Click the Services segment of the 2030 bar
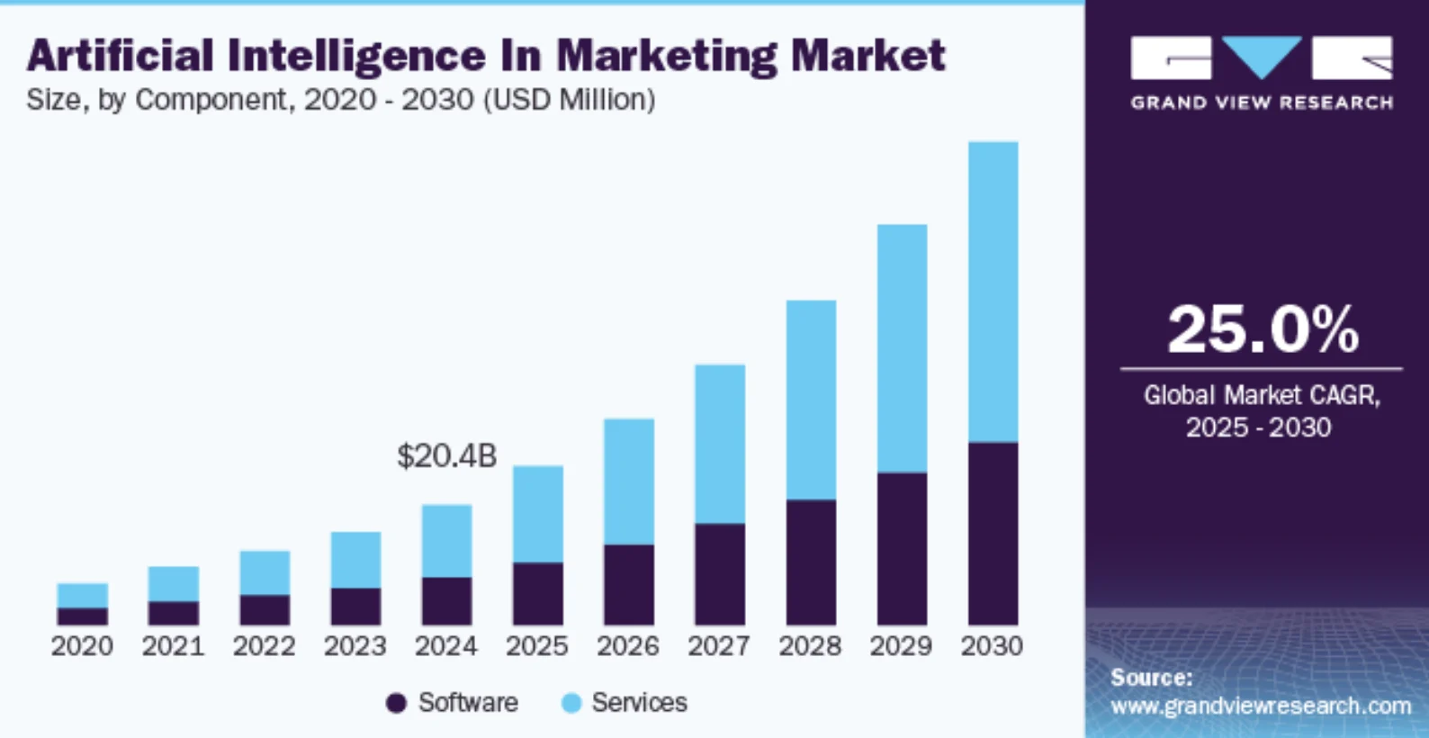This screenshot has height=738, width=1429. (993, 292)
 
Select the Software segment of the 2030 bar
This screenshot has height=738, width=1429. (993, 533)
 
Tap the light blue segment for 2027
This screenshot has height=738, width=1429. (719, 444)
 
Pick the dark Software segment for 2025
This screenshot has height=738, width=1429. (537, 593)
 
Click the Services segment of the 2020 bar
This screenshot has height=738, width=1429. (82, 595)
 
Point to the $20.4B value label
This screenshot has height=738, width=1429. (446, 456)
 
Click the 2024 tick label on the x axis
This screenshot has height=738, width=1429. (445, 646)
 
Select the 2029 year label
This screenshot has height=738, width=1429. (901, 646)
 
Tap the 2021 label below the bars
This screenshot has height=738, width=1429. (173, 646)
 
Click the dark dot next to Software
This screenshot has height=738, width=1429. (396, 703)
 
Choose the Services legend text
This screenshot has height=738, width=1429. (639, 703)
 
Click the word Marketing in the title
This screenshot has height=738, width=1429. (667, 57)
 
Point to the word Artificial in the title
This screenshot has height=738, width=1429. (120, 56)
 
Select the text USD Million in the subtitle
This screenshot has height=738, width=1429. (571, 99)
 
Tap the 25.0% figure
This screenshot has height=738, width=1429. (1262, 329)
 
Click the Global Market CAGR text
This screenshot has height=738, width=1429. (1261, 395)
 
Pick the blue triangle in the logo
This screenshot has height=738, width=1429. (1262, 56)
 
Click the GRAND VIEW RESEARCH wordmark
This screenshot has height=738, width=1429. (1262, 103)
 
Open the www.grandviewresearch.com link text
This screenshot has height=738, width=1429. (1260, 706)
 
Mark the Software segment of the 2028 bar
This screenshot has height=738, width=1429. (810, 562)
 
